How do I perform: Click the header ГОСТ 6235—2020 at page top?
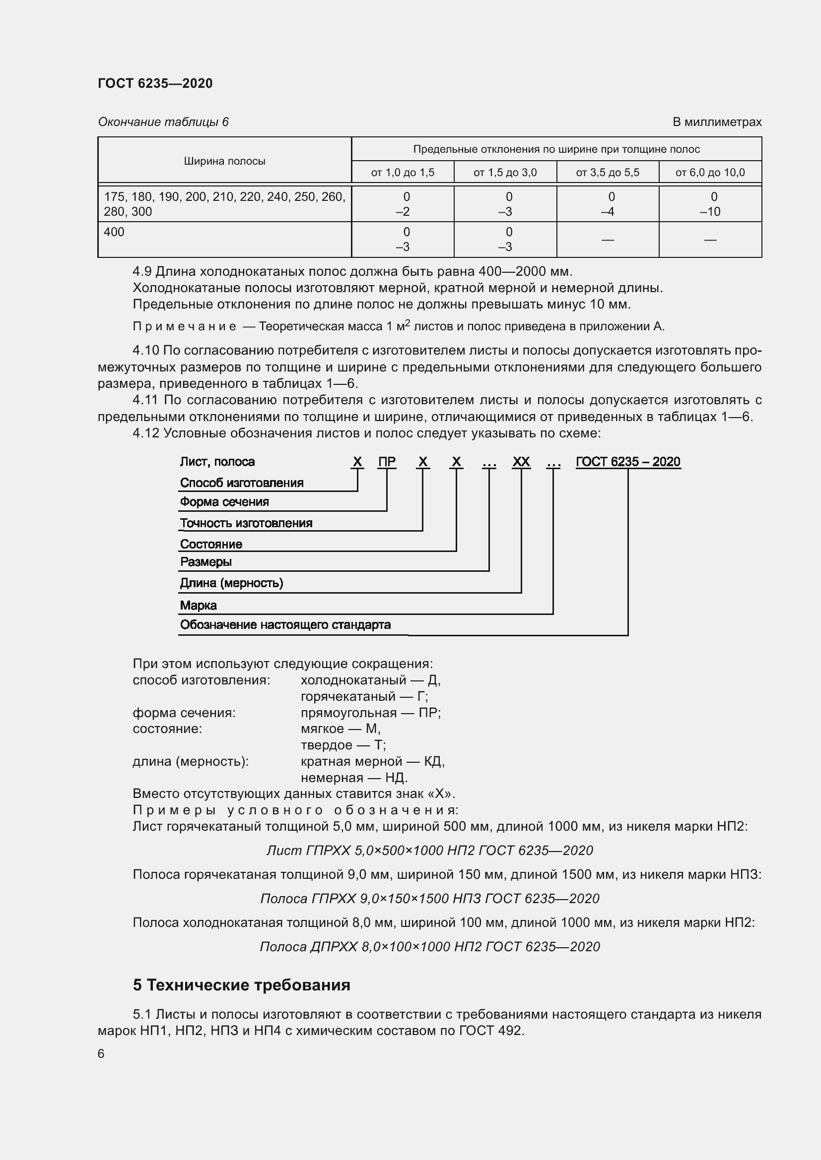click(x=155, y=83)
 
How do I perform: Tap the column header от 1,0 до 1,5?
click(x=403, y=173)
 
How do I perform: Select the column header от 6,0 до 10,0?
click(x=710, y=173)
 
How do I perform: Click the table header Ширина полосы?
click(x=224, y=161)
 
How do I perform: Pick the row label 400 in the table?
click(x=114, y=233)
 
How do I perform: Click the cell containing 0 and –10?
click(x=710, y=204)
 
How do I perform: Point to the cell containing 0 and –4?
click(x=607, y=204)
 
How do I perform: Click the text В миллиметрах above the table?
click(x=716, y=122)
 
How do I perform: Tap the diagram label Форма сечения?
click(x=224, y=502)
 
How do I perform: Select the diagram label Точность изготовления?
click(x=246, y=523)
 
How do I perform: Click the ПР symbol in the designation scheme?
click(x=387, y=462)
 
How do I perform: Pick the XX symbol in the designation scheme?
click(x=521, y=462)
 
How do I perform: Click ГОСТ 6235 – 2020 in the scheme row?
click(x=628, y=462)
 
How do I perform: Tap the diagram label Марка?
click(x=198, y=605)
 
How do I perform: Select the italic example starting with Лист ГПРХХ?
click(x=429, y=851)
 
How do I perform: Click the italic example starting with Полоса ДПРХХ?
click(x=429, y=947)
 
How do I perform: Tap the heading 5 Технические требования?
click(x=241, y=986)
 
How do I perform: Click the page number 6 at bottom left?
click(x=101, y=1054)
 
